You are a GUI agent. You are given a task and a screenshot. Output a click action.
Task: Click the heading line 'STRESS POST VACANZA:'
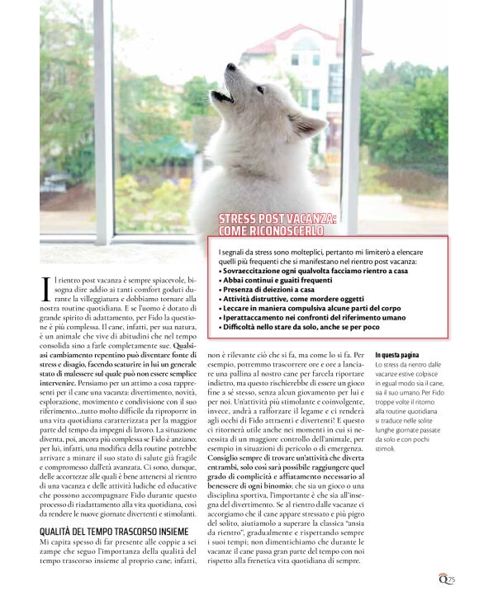click(x=277, y=218)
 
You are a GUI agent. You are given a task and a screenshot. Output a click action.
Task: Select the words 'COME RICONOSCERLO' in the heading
click(x=266, y=229)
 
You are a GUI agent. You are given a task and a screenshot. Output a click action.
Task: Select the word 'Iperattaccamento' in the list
click(x=252, y=318)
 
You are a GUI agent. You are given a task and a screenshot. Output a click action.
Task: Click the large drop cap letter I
click(x=45, y=288)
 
